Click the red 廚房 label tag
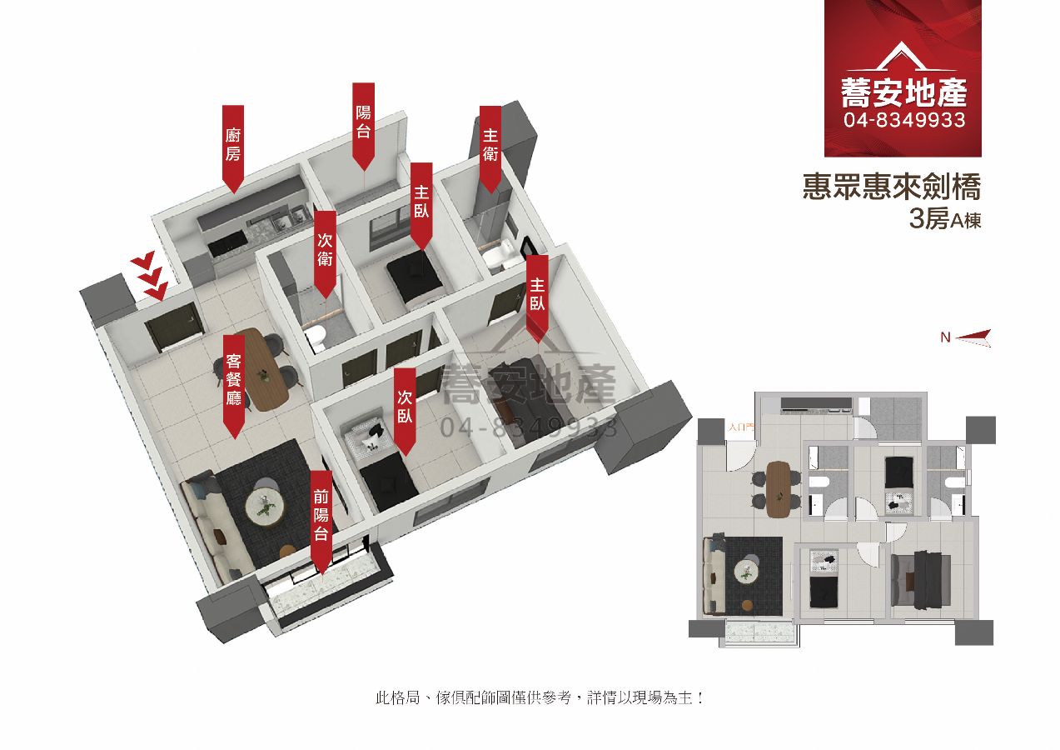click(233, 144)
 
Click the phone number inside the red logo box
click(904, 121)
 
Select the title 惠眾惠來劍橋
click(892, 187)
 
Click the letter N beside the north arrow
click(945, 337)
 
